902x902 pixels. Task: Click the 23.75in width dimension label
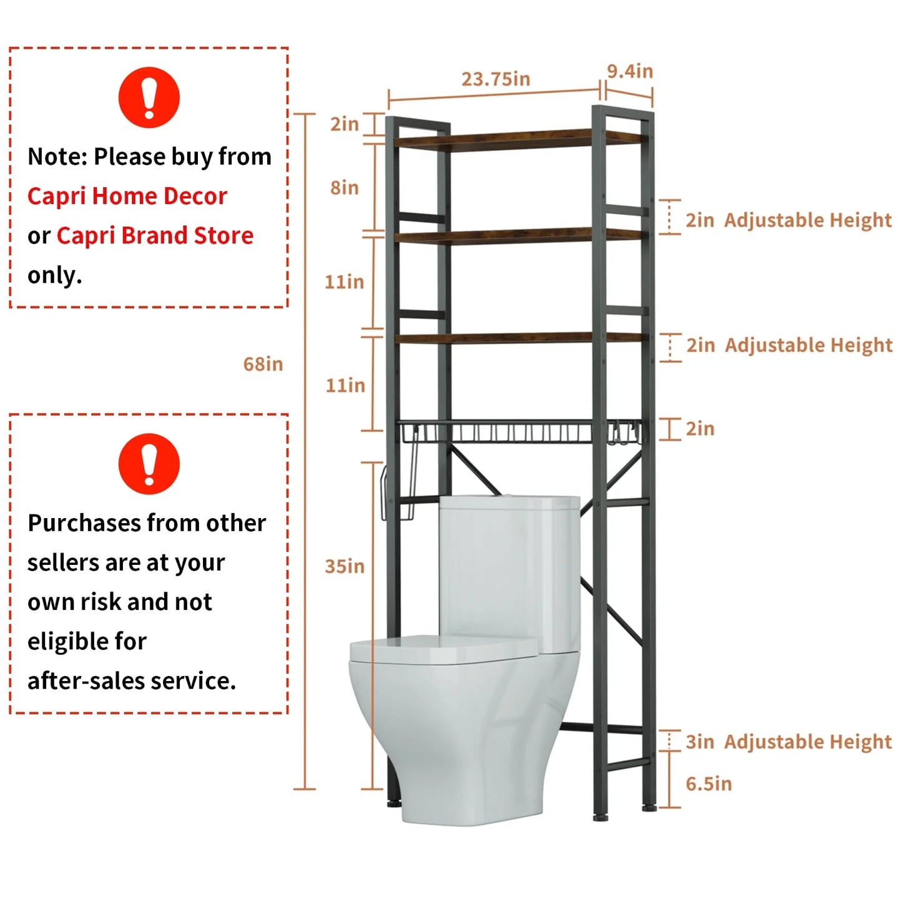click(x=496, y=79)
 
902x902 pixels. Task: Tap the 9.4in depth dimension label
click(x=630, y=71)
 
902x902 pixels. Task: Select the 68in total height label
click(x=263, y=364)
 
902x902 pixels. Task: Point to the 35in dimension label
click(x=345, y=566)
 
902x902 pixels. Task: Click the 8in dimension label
click(x=345, y=187)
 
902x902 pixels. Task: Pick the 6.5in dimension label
click(x=708, y=784)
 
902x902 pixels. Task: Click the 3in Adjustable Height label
click(x=788, y=742)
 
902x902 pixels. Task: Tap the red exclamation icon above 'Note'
click(x=149, y=97)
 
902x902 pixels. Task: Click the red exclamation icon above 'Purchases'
click(x=149, y=464)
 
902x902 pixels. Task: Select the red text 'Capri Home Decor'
click(x=127, y=196)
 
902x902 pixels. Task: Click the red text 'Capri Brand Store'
click(x=155, y=235)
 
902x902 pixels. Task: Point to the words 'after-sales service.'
click(x=132, y=680)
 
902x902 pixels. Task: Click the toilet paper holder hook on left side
click(x=396, y=493)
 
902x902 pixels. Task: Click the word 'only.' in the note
click(x=55, y=275)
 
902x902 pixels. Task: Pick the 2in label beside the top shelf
click(x=345, y=124)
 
